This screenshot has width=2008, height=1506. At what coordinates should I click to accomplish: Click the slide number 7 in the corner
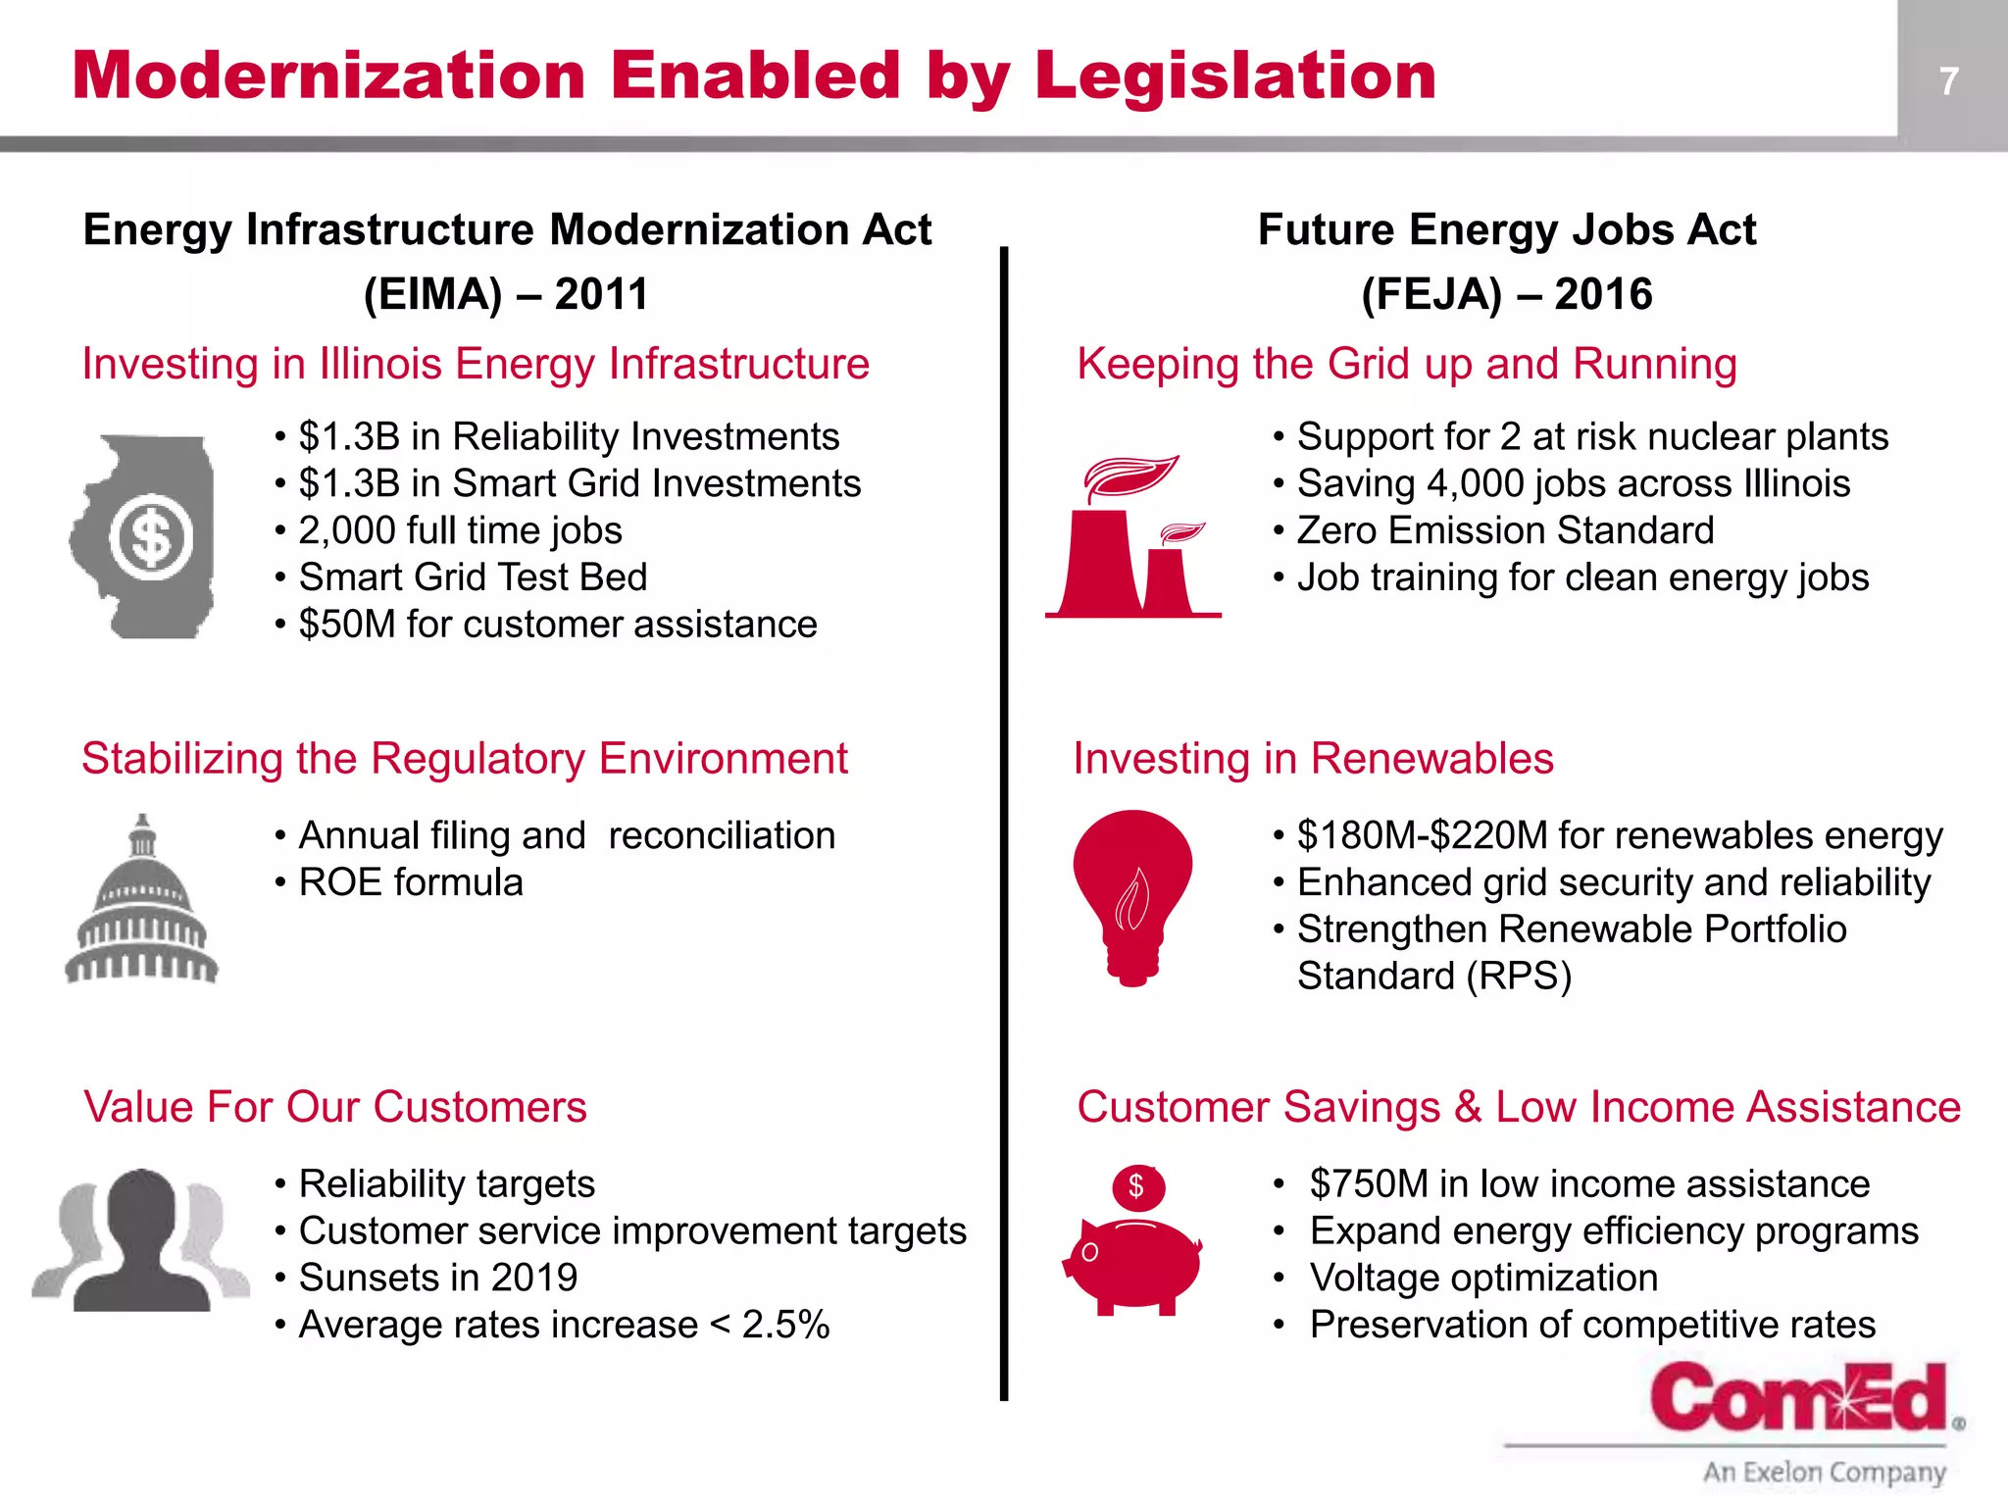(x=1949, y=80)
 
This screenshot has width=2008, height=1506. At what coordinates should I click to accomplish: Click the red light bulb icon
(x=1132, y=896)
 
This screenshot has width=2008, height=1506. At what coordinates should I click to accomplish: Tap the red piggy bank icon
(x=1133, y=1245)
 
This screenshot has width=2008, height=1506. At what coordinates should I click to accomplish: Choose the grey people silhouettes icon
(x=141, y=1240)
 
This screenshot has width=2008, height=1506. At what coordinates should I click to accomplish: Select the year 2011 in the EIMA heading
(x=601, y=294)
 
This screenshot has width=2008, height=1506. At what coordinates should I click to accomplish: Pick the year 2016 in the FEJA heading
(x=1603, y=294)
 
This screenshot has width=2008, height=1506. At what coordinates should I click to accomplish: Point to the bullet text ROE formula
(x=411, y=882)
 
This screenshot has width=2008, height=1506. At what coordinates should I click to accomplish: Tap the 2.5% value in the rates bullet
(x=785, y=1325)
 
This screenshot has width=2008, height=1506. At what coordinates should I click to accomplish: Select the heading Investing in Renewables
(x=1314, y=759)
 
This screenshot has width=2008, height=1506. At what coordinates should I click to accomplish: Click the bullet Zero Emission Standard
(x=1505, y=530)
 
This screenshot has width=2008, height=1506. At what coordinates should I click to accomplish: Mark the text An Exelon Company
(x=1824, y=1472)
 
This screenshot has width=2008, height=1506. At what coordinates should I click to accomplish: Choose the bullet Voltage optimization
(x=1483, y=1279)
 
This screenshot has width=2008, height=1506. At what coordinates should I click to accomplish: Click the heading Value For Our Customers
(x=335, y=1107)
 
